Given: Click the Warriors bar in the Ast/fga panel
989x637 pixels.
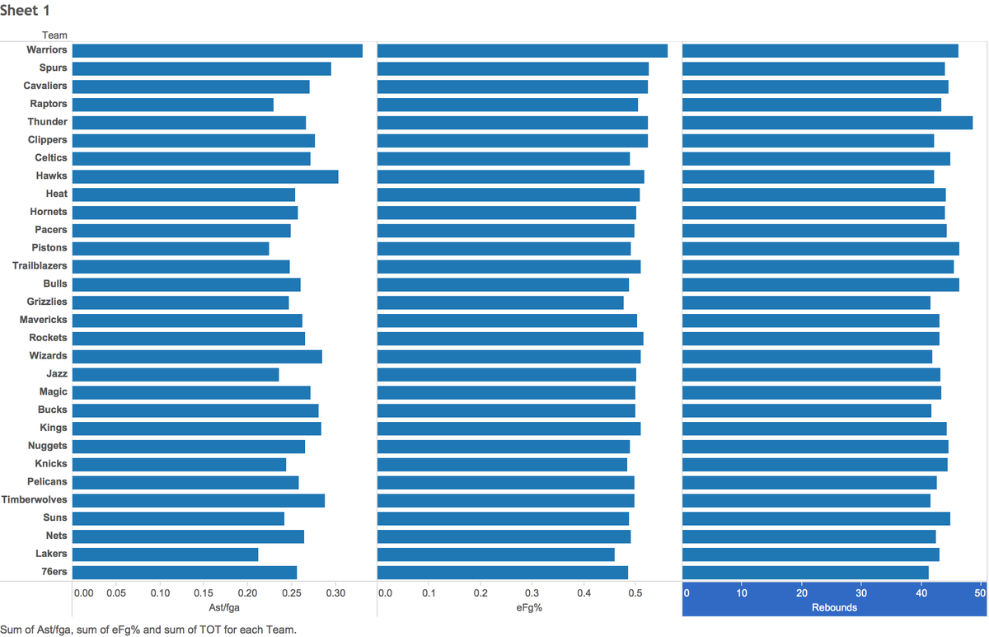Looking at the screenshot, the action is coord(218,51).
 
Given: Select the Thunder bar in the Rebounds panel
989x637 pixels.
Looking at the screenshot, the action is coord(827,123).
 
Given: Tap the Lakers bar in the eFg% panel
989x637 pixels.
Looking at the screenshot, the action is coord(496,555).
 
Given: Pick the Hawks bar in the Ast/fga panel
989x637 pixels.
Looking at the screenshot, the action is coord(205,176).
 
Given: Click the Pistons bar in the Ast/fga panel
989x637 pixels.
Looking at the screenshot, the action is coord(171,249).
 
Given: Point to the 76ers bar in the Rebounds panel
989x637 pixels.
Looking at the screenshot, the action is coord(805,573).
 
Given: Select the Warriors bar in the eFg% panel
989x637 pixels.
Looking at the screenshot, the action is coord(523,51).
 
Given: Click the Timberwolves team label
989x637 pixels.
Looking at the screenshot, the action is coord(34,499).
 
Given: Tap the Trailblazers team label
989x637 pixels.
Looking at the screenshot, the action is coord(40,265).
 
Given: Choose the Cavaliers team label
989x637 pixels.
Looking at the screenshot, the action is coord(45,86).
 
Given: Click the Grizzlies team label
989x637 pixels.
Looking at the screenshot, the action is coord(47,302).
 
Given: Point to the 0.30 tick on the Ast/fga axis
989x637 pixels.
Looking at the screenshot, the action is coord(335,593).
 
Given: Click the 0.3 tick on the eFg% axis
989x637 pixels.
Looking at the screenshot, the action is coord(532,593).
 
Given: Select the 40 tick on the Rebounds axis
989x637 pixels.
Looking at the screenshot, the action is coord(921,593).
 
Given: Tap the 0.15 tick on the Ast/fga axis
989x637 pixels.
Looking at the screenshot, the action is coord(204,593).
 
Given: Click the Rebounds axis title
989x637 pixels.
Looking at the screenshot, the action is coord(834,607).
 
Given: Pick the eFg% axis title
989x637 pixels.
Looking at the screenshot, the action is coord(529,607).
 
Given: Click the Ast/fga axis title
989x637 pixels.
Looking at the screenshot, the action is coord(224,607).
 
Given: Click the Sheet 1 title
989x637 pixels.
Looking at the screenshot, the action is coord(25,10).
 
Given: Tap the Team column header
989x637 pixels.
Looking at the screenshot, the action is coord(54,35).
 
